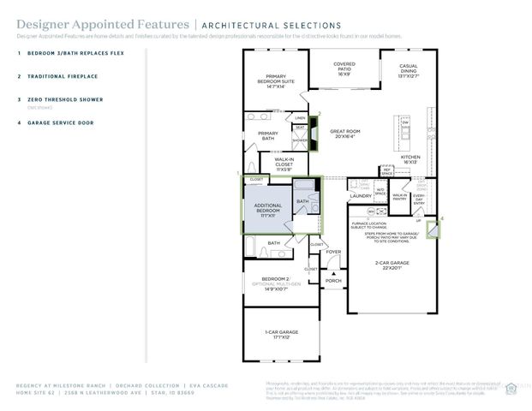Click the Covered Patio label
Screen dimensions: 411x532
[x=344, y=69]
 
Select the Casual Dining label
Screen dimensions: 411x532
[x=408, y=72]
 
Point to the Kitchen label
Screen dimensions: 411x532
[x=410, y=159]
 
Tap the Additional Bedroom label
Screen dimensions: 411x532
[x=269, y=209]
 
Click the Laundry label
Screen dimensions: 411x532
[x=361, y=196]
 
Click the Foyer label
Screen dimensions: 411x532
[x=332, y=252]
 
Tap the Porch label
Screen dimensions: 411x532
[x=332, y=280]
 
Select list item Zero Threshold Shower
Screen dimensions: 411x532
[x=65, y=99]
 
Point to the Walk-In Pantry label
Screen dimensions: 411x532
[x=399, y=197]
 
